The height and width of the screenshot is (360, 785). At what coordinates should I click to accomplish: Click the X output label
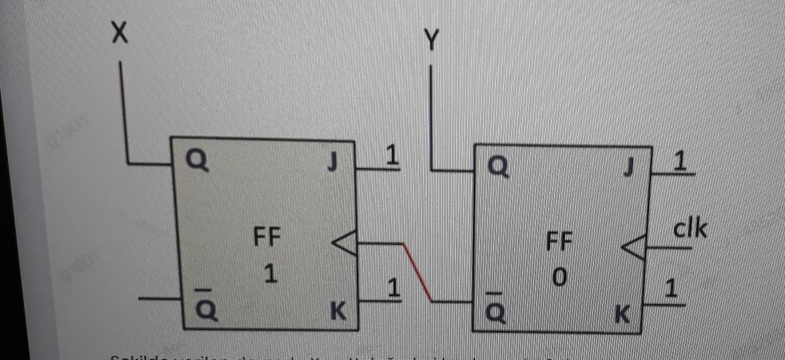tap(120, 33)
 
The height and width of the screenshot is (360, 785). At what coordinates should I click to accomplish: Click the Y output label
tap(432, 41)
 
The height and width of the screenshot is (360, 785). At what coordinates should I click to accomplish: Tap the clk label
tap(690, 229)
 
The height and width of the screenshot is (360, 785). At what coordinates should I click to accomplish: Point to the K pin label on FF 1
tap(337, 312)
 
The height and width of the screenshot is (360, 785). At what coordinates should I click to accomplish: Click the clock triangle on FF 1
tap(345, 244)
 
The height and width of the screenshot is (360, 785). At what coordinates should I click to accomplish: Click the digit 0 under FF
tap(559, 278)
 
